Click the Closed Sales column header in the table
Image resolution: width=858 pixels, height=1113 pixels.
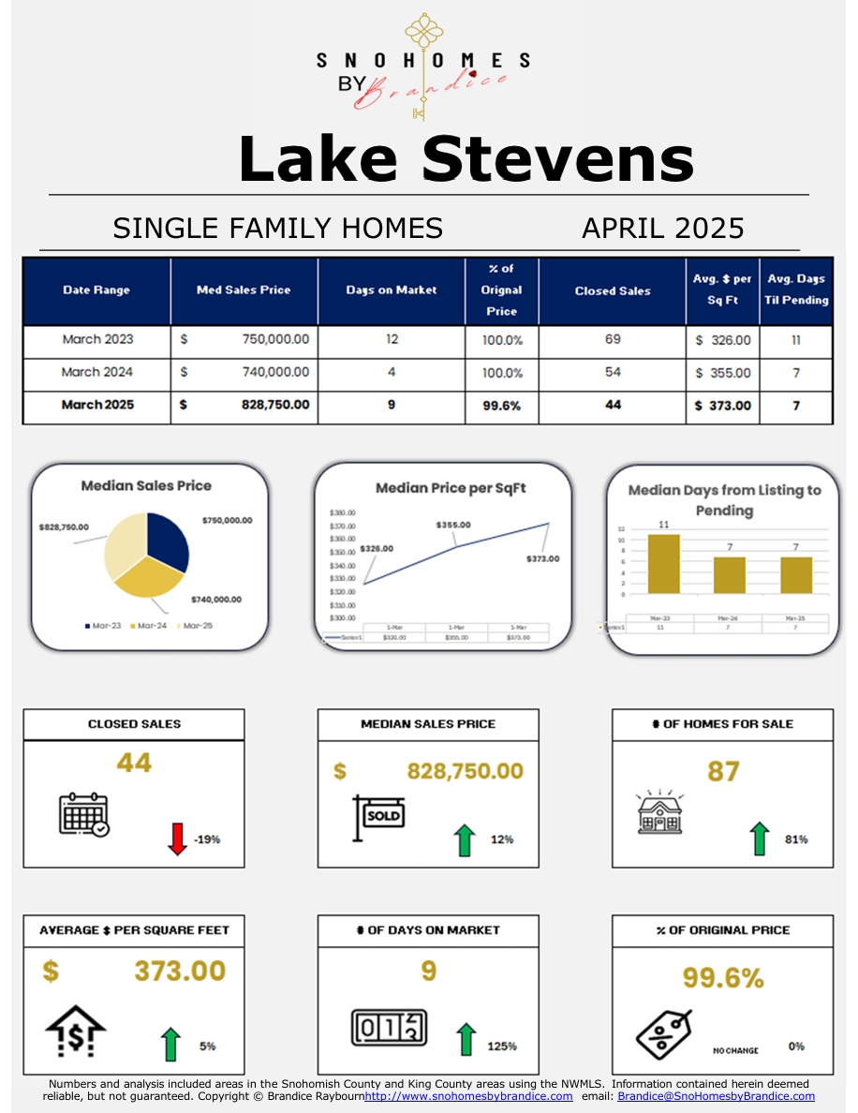[613, 290]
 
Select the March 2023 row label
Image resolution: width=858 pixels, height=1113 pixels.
[97, 339]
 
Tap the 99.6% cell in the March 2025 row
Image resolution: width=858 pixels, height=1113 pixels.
[502, 406]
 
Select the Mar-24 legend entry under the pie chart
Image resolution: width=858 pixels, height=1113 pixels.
[149, 625]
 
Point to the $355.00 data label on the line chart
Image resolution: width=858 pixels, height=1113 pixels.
[453, 526]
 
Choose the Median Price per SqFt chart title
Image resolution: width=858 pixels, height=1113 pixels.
[451, 488]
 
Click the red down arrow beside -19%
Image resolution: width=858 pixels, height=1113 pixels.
[176, 838]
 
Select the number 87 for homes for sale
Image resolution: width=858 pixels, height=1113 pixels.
[723, 771]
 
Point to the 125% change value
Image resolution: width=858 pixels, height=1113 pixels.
[502, 1046]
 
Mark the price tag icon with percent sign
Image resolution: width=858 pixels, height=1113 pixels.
[663, 1033]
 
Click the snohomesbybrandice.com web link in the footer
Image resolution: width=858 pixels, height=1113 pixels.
[468, 1096]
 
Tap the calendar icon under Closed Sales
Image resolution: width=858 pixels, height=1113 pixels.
[83, 814]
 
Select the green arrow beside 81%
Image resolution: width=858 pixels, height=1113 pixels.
[759, 838]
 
